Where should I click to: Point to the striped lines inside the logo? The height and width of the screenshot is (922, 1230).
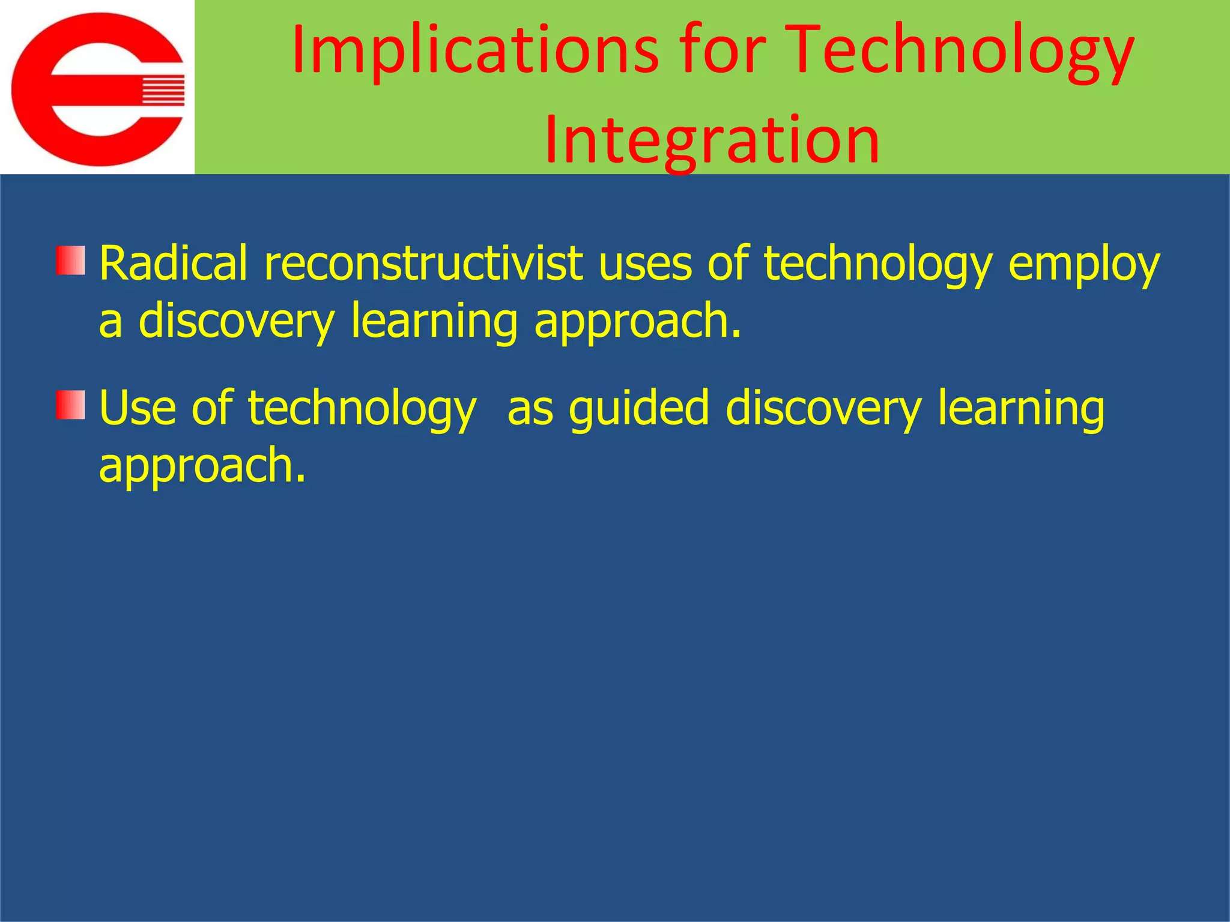pyautogui.click(x=162, y=91)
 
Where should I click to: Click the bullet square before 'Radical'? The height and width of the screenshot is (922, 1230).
pyautogui.click(x=71, y=260)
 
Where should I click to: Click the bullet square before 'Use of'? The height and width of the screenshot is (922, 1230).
pyautogui.click(x=71, y=405)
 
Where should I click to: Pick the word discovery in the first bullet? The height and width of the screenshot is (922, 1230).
pyautogui.click(x=236, y=321)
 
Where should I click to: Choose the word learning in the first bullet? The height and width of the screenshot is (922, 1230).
pyautogui.click(x=434, y=321)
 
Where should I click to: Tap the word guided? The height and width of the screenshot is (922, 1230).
pyautogui.click(x=639, y=408)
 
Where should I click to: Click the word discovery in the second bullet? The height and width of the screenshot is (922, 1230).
pyautogui.click(x=823, y=408)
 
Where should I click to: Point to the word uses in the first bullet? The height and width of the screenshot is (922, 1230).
pyautogui.click(x=645, y=264)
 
